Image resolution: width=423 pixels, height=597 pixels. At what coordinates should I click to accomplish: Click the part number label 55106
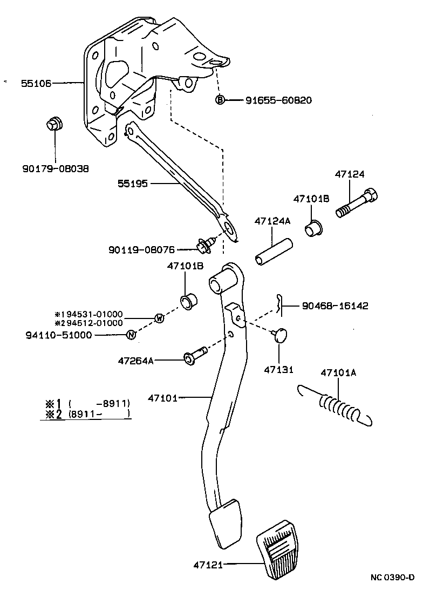tap(36, 83)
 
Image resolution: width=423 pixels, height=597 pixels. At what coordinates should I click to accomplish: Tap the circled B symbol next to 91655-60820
tap(220, 100)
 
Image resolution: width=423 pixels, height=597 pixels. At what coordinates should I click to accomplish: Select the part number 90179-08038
tap(56, 168)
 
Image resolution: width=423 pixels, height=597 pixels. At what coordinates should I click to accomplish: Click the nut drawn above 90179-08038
tap(54, 124)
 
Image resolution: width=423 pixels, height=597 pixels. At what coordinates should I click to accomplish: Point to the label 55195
tap(133, 184)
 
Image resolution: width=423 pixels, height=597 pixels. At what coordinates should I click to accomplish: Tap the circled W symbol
tap(159, 318)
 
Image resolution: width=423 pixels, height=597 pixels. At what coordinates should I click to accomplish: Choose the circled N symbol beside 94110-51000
tap(130, 335)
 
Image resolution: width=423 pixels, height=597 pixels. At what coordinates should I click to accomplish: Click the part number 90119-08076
tap(141, 249)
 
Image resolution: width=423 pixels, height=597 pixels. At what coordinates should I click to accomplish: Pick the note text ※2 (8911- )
tap(87, 414)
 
